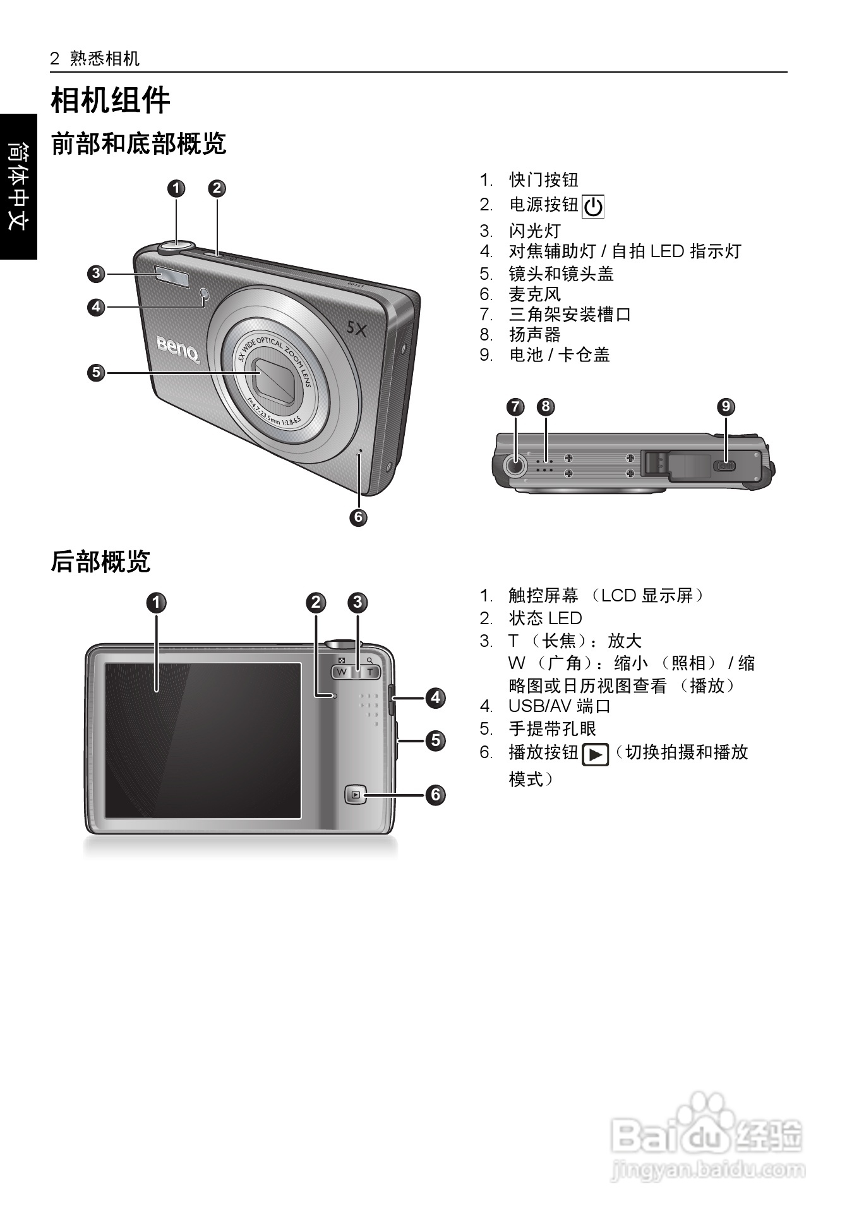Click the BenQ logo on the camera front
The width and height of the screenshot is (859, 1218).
[179, 349]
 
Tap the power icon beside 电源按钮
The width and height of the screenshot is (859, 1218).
[592, 207]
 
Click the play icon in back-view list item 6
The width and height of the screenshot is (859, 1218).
[594, 754]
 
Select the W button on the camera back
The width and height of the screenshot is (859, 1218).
[342, 672]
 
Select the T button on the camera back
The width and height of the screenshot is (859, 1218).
[370, 672]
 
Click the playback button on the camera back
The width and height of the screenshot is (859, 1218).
[356, 794]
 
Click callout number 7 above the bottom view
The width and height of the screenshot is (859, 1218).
[515, 406]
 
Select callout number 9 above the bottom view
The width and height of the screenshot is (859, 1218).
[726, 406]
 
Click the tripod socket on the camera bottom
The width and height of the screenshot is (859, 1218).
[515, 466]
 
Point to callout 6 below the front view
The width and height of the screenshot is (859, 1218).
[358, 517]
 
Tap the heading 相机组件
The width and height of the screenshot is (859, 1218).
[111, 100]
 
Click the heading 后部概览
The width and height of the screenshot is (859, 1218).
[100, 561]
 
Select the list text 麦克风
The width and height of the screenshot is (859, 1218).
[535, 294]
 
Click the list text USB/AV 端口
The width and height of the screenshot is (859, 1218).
[560, 706]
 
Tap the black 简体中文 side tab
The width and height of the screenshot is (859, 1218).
[18, 186]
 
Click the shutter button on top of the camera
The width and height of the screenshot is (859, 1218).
[176, 244]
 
